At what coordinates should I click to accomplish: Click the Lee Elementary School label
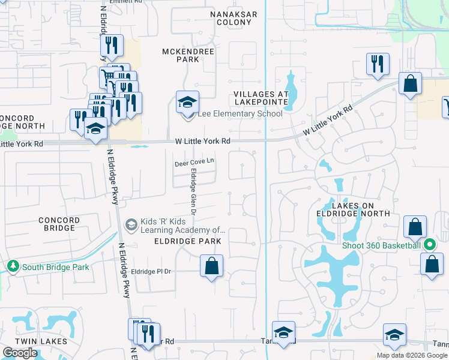[x=240, y=114]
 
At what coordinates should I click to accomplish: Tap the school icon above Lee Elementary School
[x=187, y=101]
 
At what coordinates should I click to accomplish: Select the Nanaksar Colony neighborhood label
[x=234, y=18]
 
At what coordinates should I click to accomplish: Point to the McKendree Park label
[x=189, y=55]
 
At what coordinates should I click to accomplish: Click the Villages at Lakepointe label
[x=261, y=98]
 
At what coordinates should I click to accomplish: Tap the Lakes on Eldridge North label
[x=352, y=209]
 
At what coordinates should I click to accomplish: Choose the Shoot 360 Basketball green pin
[x=430, y=245]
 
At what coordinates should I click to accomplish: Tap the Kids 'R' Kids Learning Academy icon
[x=131, y=224]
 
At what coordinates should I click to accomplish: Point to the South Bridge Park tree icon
[x=12, y=266]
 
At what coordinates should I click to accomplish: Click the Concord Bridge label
[x=59, y=224]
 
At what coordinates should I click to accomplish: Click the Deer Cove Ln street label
[x=194, y=162]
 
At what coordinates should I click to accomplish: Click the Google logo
[x=20, y=353]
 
